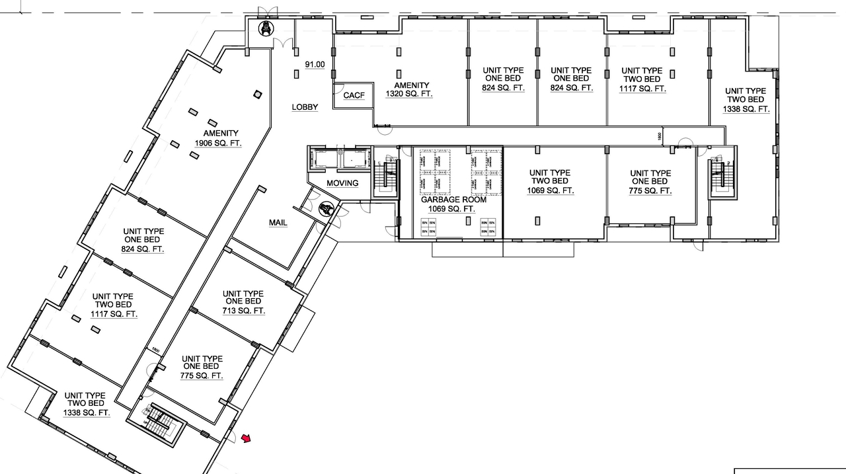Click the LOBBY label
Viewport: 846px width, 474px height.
coord(305,107)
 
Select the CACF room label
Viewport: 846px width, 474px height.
coord(354,95)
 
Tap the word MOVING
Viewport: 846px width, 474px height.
coord(342,183)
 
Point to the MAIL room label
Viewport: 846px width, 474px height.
coord(278,223)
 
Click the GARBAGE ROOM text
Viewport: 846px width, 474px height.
coord(453,199)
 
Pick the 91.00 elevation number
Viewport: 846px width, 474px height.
coord(315,64)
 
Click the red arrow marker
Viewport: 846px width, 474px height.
coord(247,438)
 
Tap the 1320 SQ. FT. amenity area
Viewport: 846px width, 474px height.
coord(409,94)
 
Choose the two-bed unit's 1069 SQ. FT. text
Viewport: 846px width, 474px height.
coord(550,190)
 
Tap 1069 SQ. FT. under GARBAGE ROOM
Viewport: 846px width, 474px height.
coord(451,209)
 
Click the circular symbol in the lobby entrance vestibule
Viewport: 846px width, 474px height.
coord(266,28)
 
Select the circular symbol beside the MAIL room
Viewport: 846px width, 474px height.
coord(325,210)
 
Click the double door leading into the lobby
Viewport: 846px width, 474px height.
coord(284,44)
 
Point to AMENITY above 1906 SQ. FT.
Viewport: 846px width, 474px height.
coord(221,134)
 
